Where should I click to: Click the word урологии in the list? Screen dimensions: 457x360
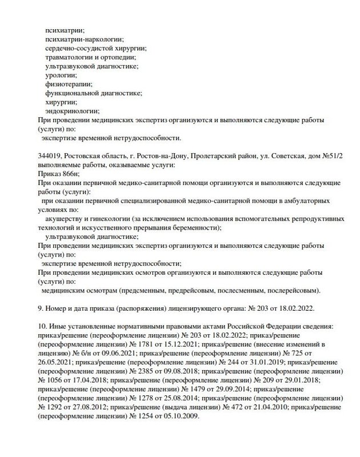58,74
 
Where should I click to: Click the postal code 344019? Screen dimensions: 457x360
47,155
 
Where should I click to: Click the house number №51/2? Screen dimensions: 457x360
326,155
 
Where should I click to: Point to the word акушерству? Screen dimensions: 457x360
69,219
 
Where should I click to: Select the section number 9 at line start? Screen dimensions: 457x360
38,308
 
